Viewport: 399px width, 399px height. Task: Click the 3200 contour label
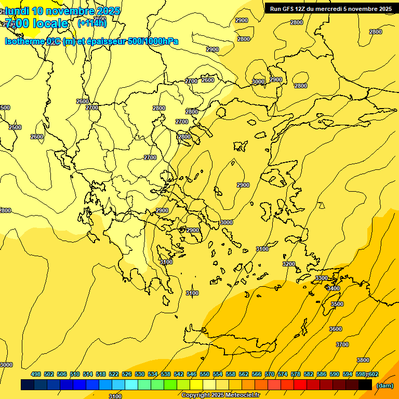click(x=289, y=264)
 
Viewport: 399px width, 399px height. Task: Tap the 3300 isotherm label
click(x=322, y=278)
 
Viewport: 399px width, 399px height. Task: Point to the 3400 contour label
click(x=334, y=288)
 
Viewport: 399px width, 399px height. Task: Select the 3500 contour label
click(x=337, y=304)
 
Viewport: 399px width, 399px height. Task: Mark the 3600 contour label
click(x=336, y=329)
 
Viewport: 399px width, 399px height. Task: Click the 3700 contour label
click(x=342, y=344)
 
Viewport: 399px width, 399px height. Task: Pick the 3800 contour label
click(x=363, y=360)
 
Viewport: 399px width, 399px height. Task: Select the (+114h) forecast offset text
click(x=92, y=23)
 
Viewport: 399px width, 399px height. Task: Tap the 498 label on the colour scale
click(x=36, y=374)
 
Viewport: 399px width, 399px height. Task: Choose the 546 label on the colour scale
click(x=192, y=374)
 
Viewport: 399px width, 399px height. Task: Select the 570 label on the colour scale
click(x=270, y=374)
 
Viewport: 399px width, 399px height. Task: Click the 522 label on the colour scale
click(x=114, y=374)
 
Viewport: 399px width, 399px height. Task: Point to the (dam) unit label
click(x=385, y=385)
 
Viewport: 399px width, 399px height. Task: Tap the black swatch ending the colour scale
click(x=365, y=384)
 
